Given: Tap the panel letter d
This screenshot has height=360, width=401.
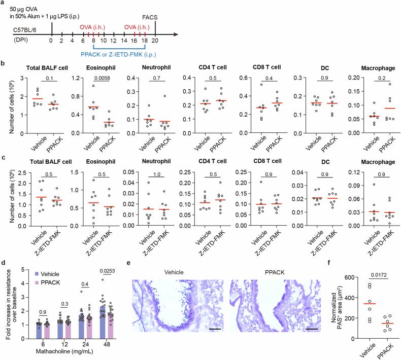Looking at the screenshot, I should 4,262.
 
